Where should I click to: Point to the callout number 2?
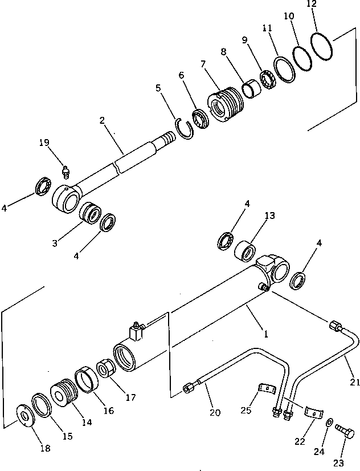(103, 120)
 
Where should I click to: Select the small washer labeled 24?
(330, 423)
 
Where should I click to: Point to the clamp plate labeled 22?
(311, 412)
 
